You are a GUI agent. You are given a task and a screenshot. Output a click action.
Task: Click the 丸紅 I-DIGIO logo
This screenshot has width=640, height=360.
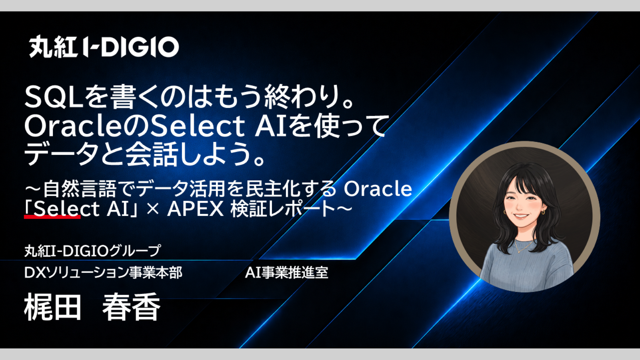point(104,46)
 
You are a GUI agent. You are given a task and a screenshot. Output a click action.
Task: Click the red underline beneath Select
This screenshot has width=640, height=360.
point(52,217)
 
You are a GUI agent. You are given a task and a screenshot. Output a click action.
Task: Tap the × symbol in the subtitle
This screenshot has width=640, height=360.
point(153,210)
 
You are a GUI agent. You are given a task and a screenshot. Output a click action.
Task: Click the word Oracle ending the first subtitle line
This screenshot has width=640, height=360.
point(378,189)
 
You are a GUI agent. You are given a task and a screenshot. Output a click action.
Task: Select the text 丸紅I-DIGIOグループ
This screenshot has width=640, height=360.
point(92,251)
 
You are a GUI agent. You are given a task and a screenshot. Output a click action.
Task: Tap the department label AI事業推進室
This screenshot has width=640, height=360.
point(286,272)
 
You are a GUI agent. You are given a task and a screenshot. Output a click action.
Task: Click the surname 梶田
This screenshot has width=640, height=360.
point(53,307)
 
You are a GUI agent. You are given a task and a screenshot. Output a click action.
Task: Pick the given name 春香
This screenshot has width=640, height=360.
point(131,307)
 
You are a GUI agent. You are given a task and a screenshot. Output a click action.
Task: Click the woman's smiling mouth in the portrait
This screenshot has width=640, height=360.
point(520,216)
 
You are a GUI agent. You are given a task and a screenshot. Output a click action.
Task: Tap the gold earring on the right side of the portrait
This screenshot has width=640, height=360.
point(543,212)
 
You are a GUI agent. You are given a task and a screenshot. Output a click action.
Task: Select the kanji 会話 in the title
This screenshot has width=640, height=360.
point(152,155)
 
